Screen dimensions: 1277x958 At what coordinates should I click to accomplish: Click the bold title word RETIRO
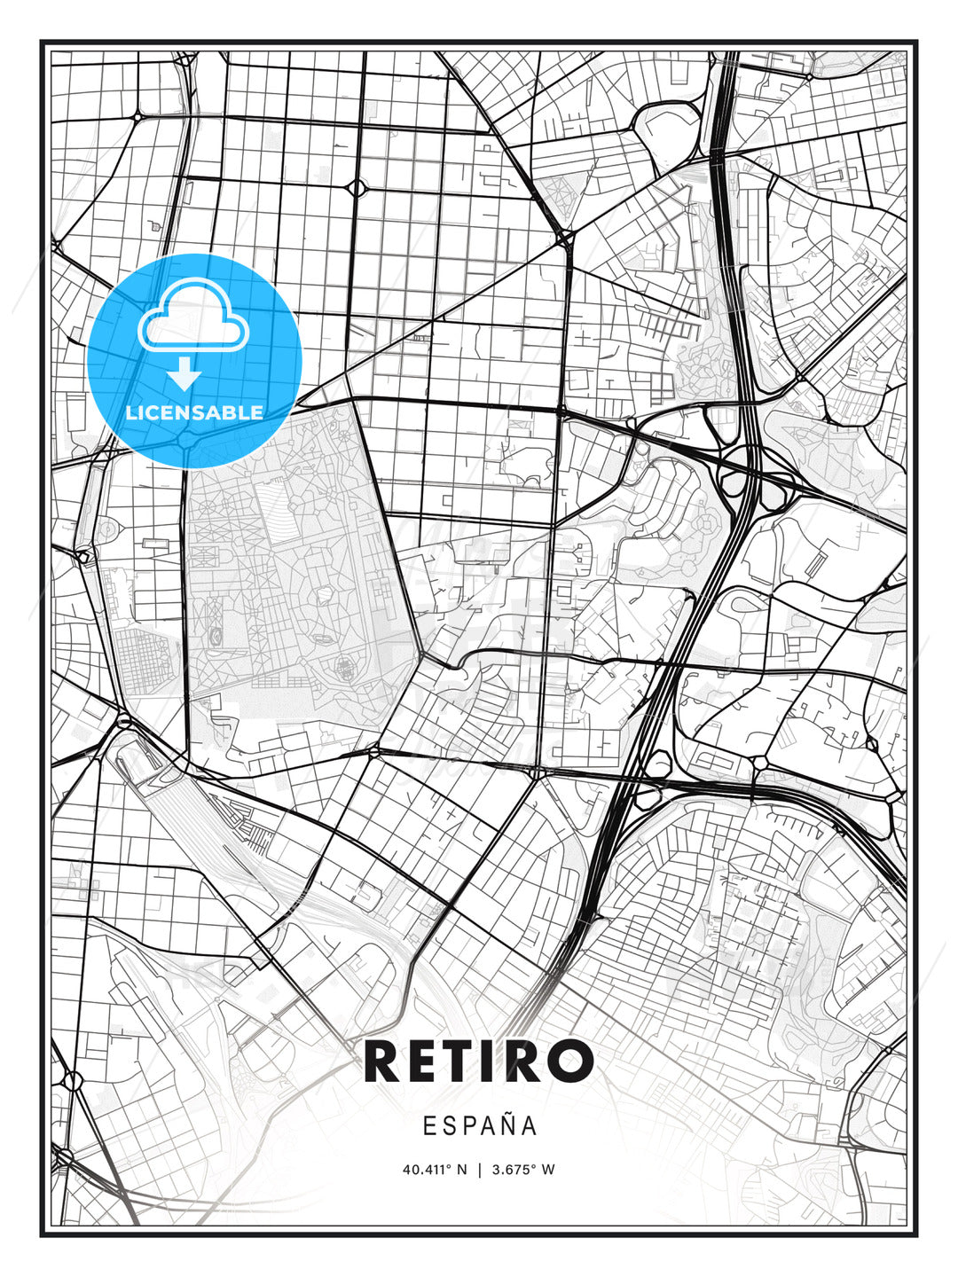click(479, 1061)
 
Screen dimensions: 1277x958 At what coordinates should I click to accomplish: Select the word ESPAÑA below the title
click(480, 1125)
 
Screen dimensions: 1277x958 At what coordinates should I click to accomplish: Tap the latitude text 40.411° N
click(435, 1170)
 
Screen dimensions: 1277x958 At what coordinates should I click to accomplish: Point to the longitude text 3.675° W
click(524, 1170)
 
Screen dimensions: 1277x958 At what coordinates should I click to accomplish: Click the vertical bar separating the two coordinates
click(480, 1170)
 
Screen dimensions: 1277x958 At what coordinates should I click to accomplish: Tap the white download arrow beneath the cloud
click(185, 374)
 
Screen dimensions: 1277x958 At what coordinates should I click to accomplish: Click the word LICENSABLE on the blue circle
click(194, 412)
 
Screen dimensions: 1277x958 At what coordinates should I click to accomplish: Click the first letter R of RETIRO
click(382, 1061)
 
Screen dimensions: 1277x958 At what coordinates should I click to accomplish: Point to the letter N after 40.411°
click(461, 1170)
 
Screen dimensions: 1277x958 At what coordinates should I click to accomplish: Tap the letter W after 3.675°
click(549, 1170)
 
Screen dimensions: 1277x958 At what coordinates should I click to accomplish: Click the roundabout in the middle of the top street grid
click(357, 187)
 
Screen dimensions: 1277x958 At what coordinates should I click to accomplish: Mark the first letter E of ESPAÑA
click(429, 1125)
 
